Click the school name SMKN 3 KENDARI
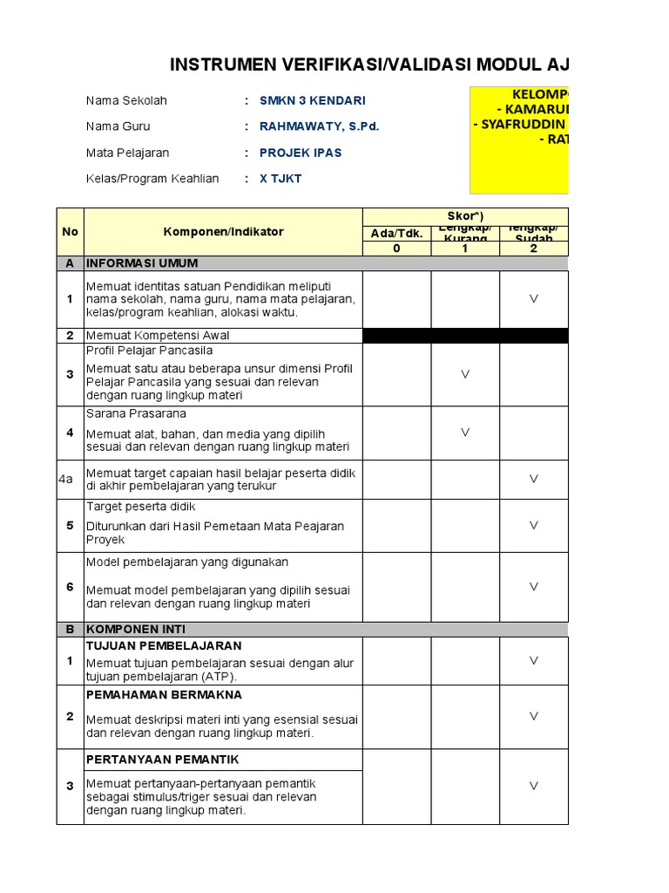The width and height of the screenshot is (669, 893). pos(312,100)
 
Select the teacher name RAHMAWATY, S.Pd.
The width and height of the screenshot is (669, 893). pos(319,126)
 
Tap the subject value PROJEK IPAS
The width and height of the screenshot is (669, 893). pos(301,153)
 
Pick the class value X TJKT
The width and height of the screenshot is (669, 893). pos(280,179)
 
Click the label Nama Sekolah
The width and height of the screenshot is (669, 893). pos(126,100)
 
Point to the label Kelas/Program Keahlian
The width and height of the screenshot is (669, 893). pos(152,179)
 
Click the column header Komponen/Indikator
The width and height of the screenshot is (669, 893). pos(223,232)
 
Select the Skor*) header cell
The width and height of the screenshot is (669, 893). pos(465,215)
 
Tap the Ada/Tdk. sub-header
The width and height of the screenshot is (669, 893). pos(396,233)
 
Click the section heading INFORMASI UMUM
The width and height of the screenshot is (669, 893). pos(142,262)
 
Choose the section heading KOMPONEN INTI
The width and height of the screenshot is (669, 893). pos(136,629)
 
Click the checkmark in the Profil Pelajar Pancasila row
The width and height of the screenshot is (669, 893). pos(465,374)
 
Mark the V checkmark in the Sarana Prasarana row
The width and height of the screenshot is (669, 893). pos(465,432)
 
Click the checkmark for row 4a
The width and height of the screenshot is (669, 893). pos(534,479)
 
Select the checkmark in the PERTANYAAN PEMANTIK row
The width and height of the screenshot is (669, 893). pos(534,786)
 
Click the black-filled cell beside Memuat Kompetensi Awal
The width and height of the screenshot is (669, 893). pos(465,336)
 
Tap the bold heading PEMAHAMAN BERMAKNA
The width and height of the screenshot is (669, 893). pos(164,695)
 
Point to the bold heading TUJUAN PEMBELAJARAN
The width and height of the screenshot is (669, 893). pos(164,646)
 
